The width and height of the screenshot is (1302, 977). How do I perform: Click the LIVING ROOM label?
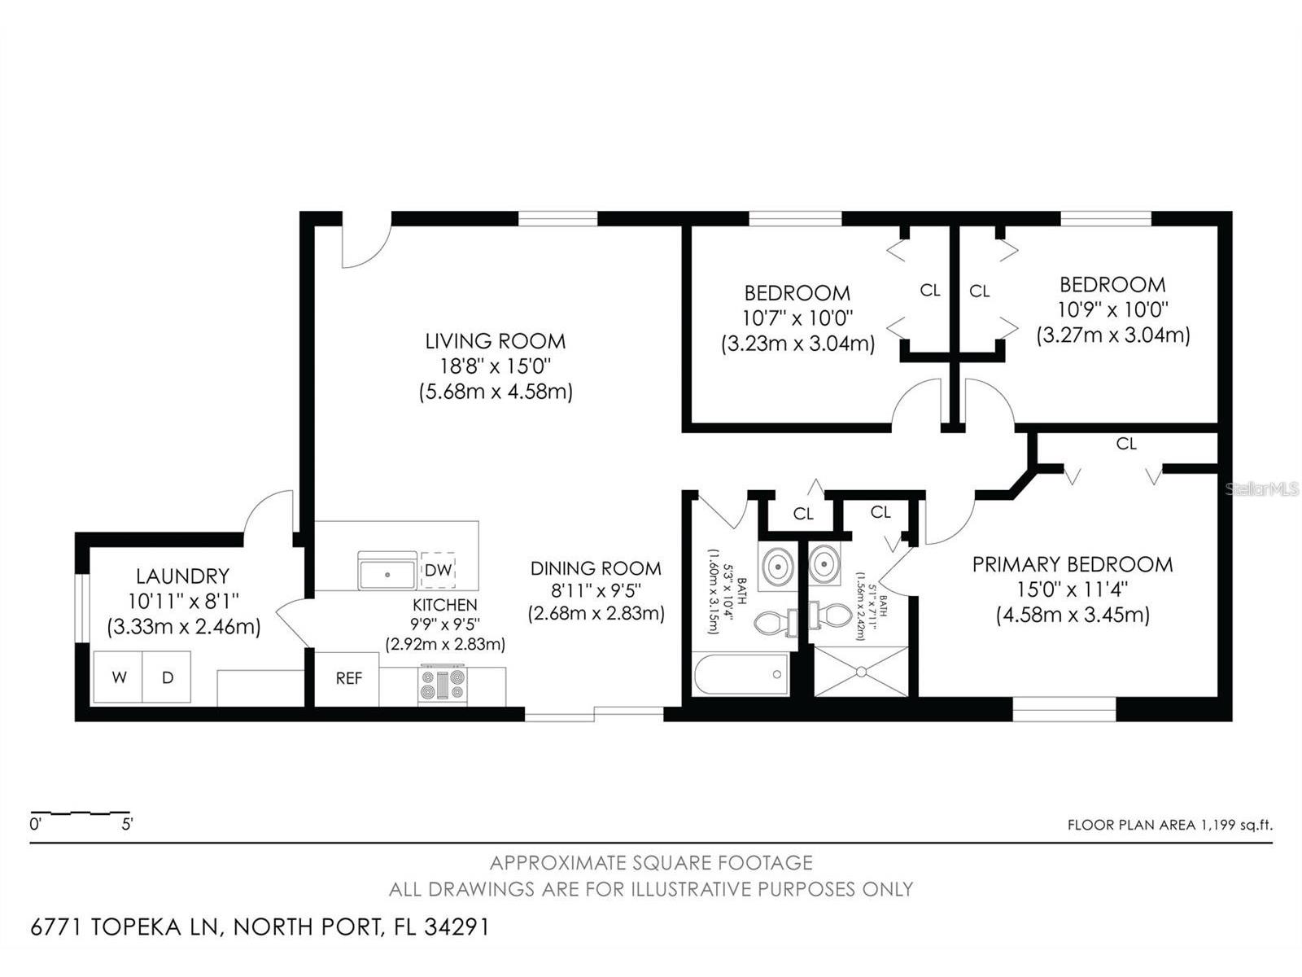495,341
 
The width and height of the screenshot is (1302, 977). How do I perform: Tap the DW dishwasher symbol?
439,570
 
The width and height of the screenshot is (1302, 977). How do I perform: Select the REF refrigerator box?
348,678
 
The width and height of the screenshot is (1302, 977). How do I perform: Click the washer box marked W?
119,677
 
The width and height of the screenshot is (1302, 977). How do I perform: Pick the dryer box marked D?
168,677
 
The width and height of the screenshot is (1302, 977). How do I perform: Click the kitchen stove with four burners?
443,684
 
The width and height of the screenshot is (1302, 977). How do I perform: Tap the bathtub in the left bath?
741,674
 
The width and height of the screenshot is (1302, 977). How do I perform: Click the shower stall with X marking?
861,672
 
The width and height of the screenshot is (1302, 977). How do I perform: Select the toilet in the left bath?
773,623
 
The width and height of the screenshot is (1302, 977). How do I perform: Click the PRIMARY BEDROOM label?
1073,564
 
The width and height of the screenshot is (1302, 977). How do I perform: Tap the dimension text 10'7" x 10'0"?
797,318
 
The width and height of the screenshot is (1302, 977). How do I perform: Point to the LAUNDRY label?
182,576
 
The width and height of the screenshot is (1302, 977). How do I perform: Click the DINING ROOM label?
596,568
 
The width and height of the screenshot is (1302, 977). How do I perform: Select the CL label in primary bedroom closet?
1126,444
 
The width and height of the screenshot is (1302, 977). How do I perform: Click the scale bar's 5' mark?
127,823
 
